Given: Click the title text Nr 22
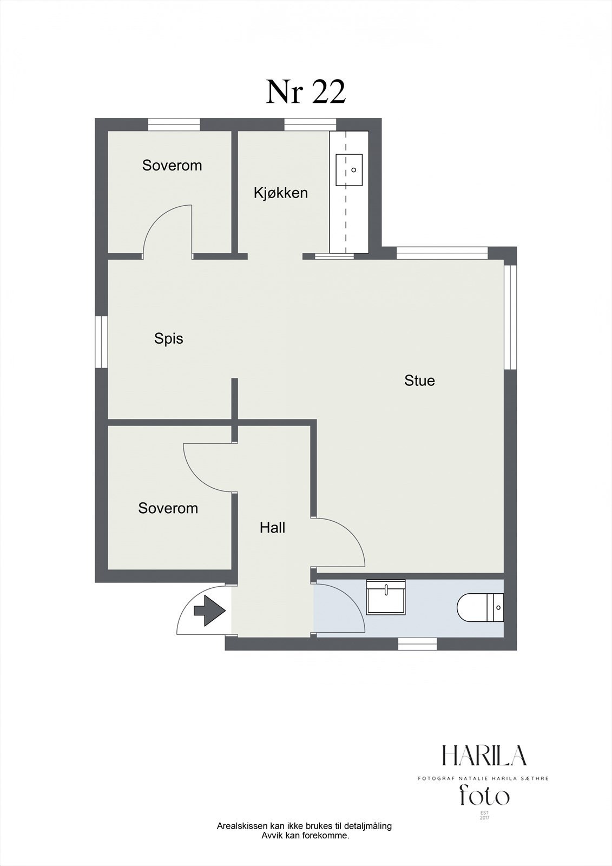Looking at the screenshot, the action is (305, 93).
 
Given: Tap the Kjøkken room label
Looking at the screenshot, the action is (281, 193).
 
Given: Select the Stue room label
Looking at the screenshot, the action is (419, 380).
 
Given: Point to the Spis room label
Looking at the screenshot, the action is (169, 339).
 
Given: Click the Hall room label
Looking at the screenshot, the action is (273, 527).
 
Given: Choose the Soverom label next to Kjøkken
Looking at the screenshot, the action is (172, 166).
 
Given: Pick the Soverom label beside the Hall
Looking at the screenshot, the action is (168, 508).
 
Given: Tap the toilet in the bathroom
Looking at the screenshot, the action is (481, 607).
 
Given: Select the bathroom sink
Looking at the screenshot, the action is (385, 596).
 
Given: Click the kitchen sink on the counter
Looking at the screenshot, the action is (349, 170).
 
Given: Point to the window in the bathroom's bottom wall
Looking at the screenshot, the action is (418, 644).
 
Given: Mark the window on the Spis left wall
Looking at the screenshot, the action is (101, 342).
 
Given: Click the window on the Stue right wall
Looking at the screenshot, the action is (510, 317).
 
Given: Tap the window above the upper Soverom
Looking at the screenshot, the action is (174, 124).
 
